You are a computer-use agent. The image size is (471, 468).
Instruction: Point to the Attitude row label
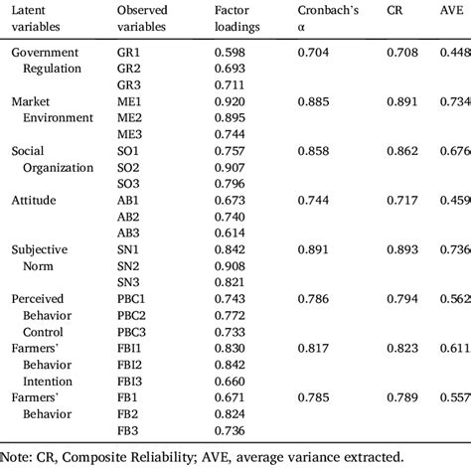[x=34, y=200]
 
